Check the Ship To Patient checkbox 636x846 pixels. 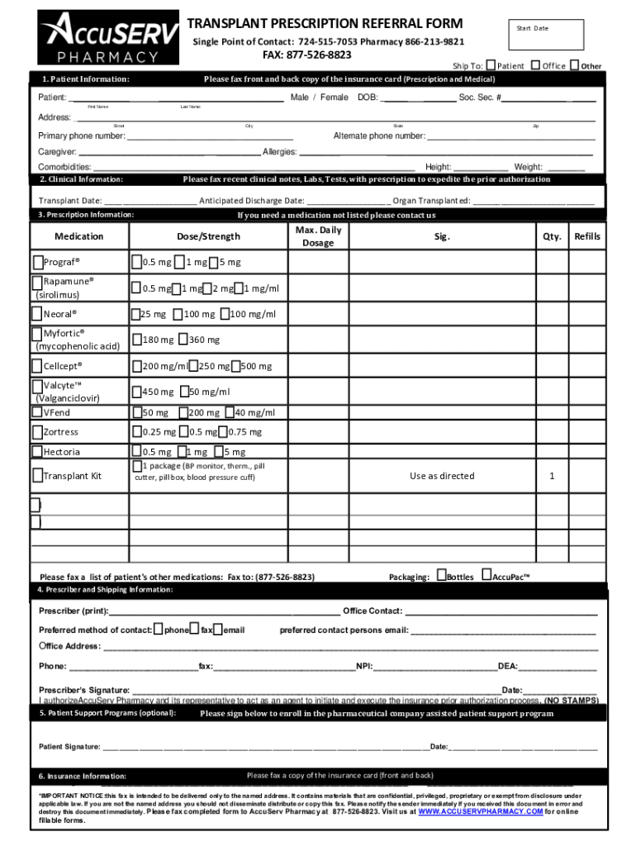(491, 65)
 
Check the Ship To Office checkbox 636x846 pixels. (536, 65)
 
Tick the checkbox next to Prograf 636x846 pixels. (38, 263)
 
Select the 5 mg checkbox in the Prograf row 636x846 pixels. (212, 263)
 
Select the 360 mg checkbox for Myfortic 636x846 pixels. (183, 340)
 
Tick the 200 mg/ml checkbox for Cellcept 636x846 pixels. (136, 366)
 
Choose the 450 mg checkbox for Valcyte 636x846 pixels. (136, 392)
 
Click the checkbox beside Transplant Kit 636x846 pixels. (37, 475)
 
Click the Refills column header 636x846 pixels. (587, 237)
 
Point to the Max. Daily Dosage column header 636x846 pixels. (318, 236)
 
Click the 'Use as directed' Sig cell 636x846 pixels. (442, 476)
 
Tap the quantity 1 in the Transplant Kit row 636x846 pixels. (552, 476)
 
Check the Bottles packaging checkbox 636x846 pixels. (441, 575)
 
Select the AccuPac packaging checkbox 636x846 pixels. (486, 575)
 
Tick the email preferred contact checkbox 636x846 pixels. (218, 630)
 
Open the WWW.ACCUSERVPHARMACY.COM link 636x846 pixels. (480, 812)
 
